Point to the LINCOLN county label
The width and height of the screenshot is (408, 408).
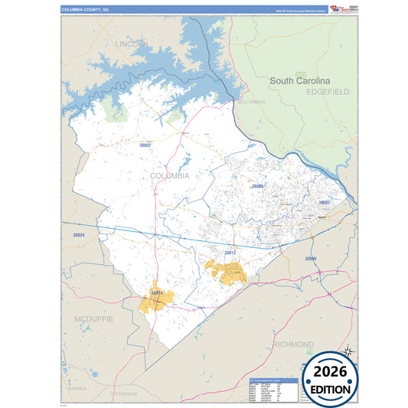point(133,44)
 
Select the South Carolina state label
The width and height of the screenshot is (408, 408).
point(299,80)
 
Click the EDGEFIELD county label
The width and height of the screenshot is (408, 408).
point(328,91)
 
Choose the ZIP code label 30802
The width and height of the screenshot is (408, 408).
point(145,144)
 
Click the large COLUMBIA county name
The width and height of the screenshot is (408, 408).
point(169,175)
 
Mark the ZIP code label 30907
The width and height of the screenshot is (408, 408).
point(324,202)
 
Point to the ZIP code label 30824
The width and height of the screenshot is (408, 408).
point(78,235)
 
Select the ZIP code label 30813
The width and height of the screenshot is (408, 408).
point(230,252)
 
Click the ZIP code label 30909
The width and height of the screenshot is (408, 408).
point(310,259)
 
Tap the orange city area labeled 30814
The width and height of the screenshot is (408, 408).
point(157,300)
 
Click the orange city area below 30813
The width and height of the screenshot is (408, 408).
point(227,272)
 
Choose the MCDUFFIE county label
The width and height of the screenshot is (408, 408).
point(93,317)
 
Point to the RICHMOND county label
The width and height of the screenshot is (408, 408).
point(293,344)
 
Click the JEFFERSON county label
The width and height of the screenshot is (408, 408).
point(122,393)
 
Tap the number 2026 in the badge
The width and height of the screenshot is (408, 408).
point(329,371)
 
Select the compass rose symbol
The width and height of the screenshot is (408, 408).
point(348,351)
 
